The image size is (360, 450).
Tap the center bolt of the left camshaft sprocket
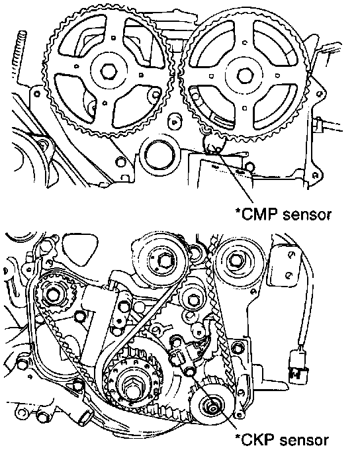[109, 71]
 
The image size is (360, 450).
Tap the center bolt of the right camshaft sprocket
[245, 76]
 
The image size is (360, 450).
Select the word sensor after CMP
[306, 215]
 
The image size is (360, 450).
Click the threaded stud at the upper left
[19, 54]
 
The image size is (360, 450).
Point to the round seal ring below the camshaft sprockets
[159, 155]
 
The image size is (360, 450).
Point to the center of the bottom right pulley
[212, 408]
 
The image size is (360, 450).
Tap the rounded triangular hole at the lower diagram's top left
[80, 247]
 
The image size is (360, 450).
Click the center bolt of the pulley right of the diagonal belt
[193, 300]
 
